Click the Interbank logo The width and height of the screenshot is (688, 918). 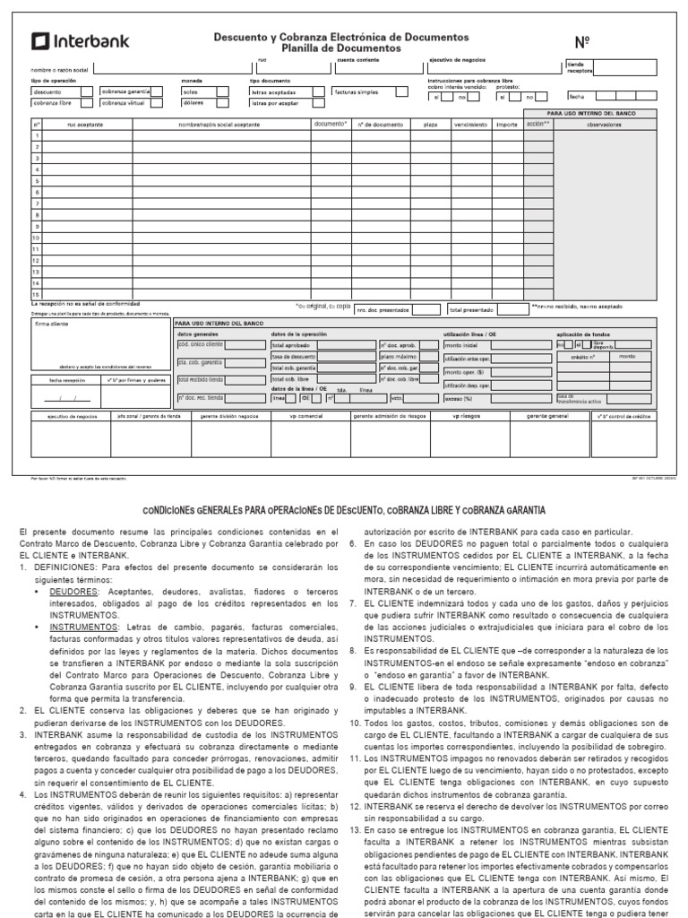pos(81,40)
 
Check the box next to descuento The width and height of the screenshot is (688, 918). pos(86,91)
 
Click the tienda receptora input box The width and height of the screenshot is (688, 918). pos(631,67)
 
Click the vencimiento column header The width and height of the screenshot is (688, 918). pos(469,125)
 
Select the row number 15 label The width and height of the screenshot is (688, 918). pos(37,294)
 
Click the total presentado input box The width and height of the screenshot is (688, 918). pos(512,309)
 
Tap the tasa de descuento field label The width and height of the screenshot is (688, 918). pos(290,356)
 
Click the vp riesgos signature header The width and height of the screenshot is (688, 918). pos(466,417)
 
